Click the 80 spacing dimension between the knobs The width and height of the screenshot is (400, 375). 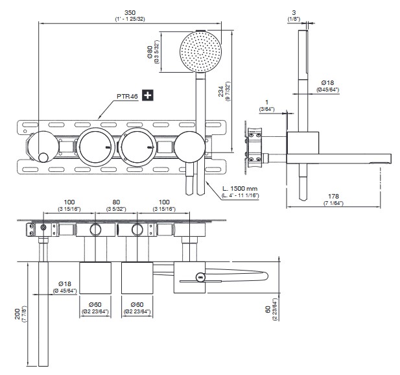116,203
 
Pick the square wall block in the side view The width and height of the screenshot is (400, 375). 304,148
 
